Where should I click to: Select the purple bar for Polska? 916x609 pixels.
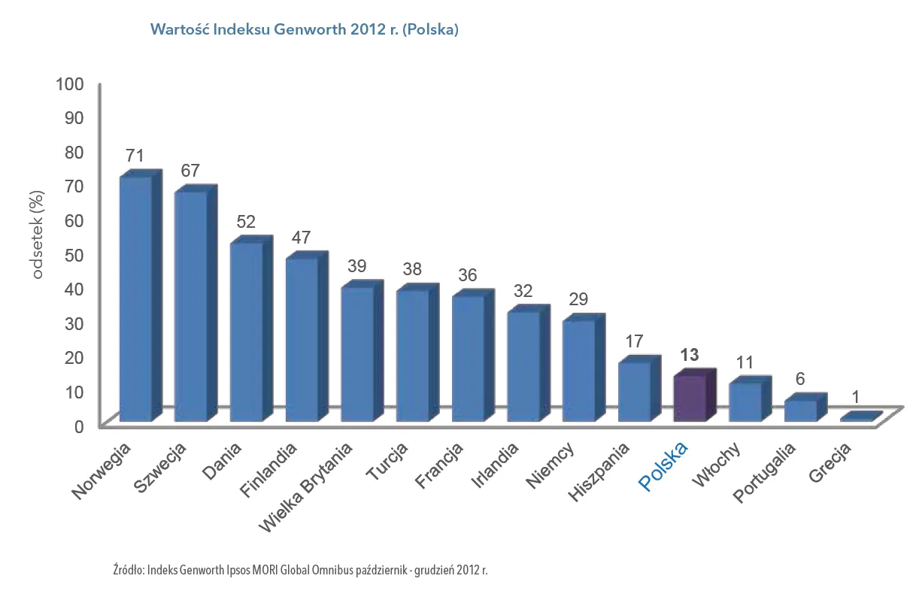pyautogui.click(x=689, y=398)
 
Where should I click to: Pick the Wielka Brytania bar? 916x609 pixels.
pyautogui.click(x=356, y=354)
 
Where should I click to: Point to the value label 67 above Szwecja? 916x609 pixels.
pyautogui.click(x=190, y=171)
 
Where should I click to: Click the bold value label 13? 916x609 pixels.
pyautogui.click(x=689, y=356)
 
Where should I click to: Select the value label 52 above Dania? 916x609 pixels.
pyautogui.click(x=245, y=222)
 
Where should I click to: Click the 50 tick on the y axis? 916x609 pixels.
pyautogui.click(x=75, y=254)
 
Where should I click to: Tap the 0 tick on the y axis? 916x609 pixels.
pyautogui.click(x=80, y=426)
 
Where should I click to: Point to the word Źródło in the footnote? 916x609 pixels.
pyautogui.click(x=127, y=569)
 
